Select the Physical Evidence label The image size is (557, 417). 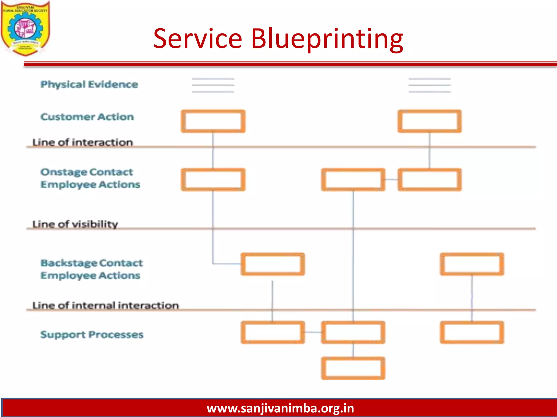coord(89,84)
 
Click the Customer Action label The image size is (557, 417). coord(87,117)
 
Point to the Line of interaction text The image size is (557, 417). coord(82,142)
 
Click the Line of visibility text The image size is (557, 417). coord(75,224)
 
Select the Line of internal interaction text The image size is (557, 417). coord(106,305)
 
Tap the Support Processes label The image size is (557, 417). coord(92,334)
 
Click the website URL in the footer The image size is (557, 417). coord(280,408)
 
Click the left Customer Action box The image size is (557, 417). coord(213,121)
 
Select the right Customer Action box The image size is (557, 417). coord(430,121)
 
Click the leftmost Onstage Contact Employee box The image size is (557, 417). coord(213,179)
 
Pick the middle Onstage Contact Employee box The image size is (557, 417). coord(353,179)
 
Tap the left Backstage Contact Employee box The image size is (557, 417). coord(273,264)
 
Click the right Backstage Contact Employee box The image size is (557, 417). coord(472,264)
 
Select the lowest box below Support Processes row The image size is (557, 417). coord(353,368)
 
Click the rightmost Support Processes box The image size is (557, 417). coord(472,332)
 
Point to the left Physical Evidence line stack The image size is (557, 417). coord(213,85)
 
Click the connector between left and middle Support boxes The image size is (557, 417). coord(313,332)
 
